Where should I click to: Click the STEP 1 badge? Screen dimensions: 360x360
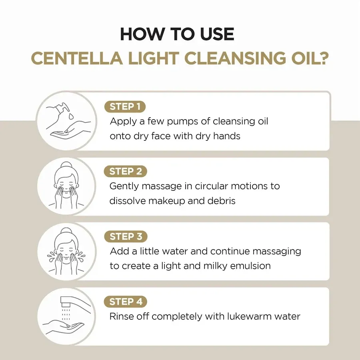pos(125,107)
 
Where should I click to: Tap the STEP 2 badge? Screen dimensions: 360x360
pos(125,172)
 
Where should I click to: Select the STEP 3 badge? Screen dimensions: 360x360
pos(126,236)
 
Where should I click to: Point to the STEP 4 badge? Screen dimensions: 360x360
pos(126,302)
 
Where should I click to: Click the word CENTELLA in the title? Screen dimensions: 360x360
pos(77,58)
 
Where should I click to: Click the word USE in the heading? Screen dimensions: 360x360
pos(217,34)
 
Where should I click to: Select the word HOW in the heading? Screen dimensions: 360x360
pos(142,34)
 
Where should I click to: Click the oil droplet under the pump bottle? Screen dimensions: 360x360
pos(72,116)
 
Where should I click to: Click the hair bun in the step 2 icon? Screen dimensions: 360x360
pos(66,165)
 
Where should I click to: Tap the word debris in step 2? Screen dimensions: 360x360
pos(221,201)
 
